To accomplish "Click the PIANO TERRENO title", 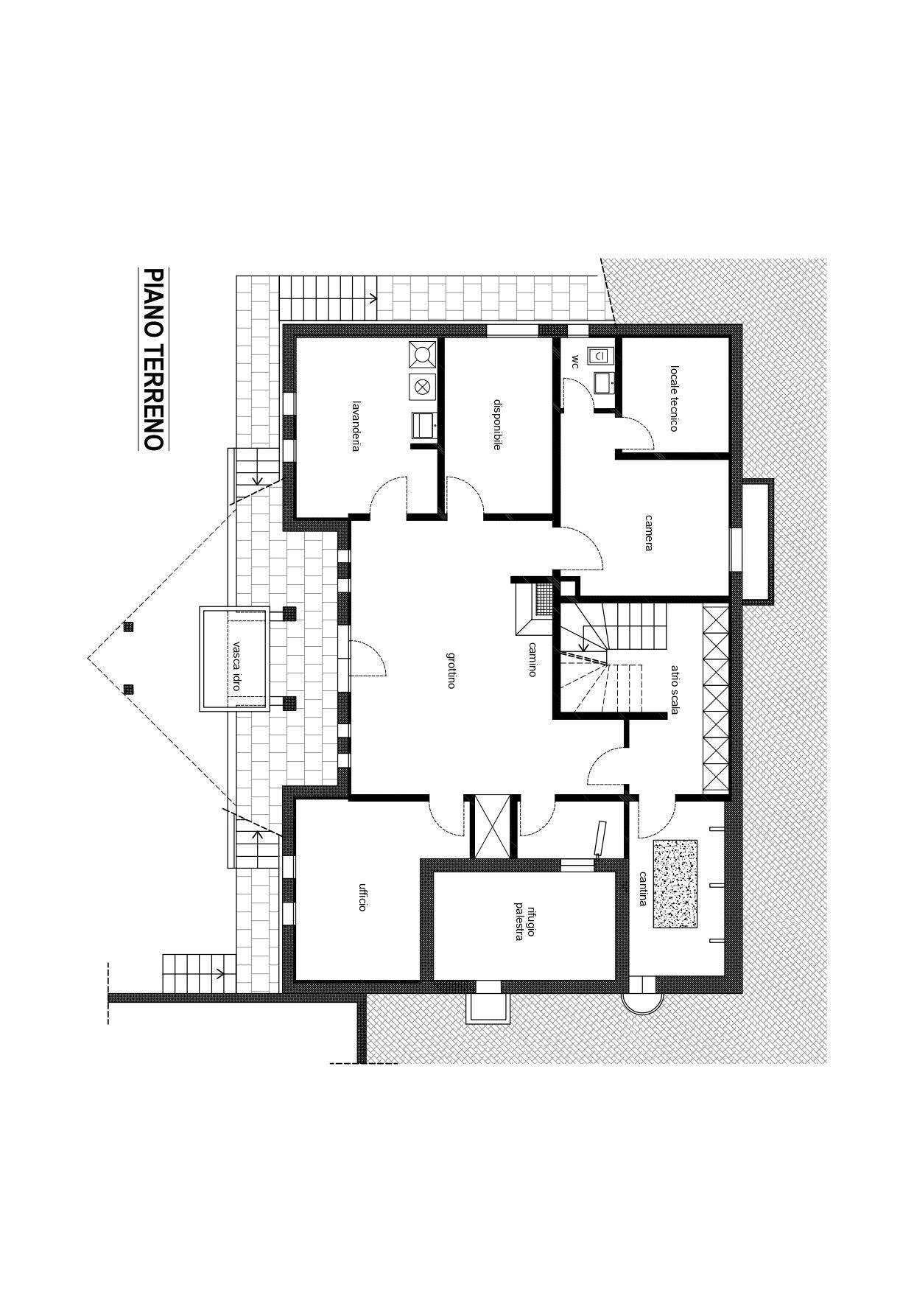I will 152,359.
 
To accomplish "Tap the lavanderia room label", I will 356,426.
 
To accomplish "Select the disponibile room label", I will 497,424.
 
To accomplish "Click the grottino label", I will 451,670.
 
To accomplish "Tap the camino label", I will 532,659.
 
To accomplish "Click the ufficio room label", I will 362,897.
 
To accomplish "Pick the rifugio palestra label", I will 524,921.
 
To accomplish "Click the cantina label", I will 643,889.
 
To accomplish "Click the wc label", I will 575,362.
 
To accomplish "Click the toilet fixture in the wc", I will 600,357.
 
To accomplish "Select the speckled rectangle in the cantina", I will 675,883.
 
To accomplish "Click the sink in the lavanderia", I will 423,425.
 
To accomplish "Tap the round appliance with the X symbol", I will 422,387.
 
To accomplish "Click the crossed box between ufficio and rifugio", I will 492,827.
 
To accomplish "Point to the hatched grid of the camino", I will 544,599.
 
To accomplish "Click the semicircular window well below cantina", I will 642,1002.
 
